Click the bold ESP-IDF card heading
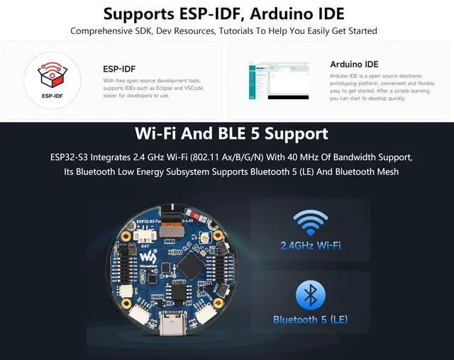pyautogui.click(x=119, y=69)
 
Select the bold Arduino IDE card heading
pyautogui.click(x=354, y=64)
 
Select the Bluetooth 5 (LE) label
pyautogui.click(x=310, y=320)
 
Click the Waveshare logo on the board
pyautogui.click(x=147, y=257)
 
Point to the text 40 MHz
pyautogui.click(x=301, y=156)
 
